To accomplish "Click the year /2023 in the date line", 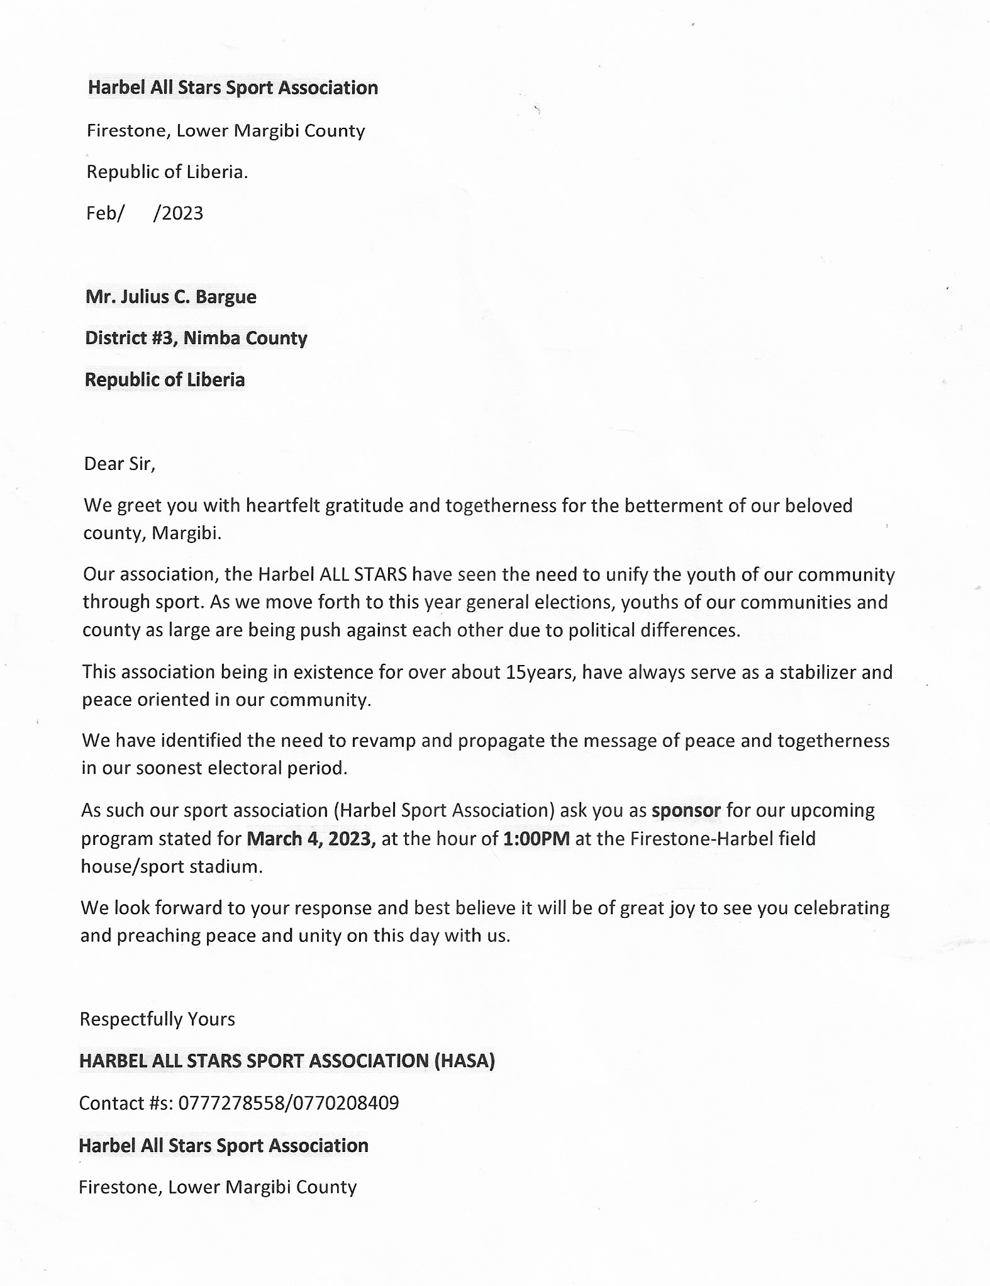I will (x=179, y=214).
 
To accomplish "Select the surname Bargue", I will (x=226, y=297).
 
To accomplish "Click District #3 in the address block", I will (x=131, y=338).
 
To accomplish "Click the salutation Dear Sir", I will (x=119, y=464).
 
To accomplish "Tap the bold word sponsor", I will (x=686, y=810).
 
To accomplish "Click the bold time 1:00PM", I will (x=537, y=839).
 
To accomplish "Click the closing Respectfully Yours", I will (x=157, y=1019).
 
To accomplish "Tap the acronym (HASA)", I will (x=465, y=1061).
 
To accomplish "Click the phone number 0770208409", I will (x=344, y=1103).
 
